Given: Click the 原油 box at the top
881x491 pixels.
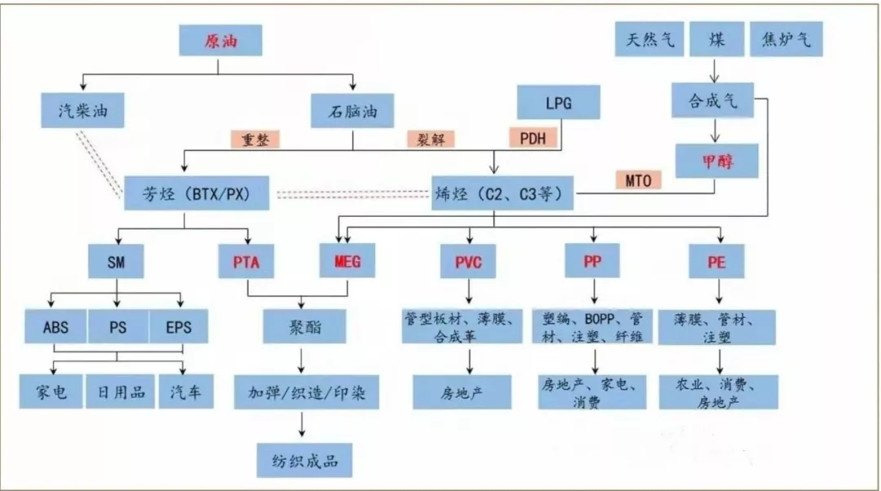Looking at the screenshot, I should pyautogui.click(x=220, y=41).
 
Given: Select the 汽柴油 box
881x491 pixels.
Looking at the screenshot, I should pyautogui.click(x=84, y=111).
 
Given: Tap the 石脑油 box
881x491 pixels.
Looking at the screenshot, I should pyautogui.click(x=352, y=111).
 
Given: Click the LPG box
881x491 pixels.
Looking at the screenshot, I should pyautogui.click(x=559, y=104).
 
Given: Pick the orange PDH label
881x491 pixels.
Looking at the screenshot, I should pyautogui.click(x=533, y=137).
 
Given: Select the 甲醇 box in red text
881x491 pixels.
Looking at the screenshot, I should pyautogui.click(x=717, y=161).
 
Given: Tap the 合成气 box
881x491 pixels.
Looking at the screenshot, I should pyautogui.click(x=712, y=100).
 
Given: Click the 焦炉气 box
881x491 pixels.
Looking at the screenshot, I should pyautogui.click(x=786, y=39).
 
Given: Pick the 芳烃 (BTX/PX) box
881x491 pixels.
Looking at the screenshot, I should pyautogui.click(x=187, y=194).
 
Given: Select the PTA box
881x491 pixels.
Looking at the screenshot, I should pyautogui.click(x=246, y=263).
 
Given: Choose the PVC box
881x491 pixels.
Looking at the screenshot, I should pyautogui.click(x=468, y=263).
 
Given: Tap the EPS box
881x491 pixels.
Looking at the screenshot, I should pyautogui.click(x=179, y=327).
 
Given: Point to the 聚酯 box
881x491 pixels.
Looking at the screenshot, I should pyautogui.click(x=303, y=327).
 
